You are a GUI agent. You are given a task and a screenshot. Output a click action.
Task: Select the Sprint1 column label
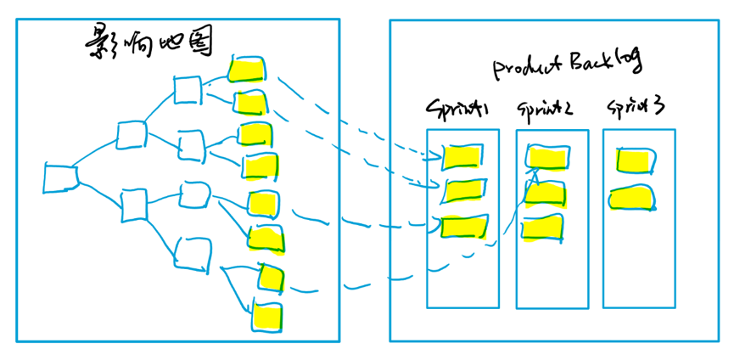click(459, 109)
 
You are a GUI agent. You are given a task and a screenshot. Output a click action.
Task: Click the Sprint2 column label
click(544, 110)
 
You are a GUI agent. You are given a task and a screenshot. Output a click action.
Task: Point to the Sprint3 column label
click(636, 108)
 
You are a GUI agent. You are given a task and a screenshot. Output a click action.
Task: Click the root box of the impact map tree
click(60, 178)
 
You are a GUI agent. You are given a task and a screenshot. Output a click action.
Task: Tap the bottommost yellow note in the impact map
click(267, 316)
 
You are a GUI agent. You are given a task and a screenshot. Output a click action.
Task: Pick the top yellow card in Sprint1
click(463, 157)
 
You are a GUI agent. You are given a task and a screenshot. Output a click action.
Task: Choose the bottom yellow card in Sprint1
click(464, 226)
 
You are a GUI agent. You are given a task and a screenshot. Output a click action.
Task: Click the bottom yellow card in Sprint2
click(543, 228)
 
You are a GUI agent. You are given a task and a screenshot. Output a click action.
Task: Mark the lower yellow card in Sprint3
click(633, 198)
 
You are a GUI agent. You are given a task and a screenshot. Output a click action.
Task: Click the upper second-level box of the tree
click(132, 134)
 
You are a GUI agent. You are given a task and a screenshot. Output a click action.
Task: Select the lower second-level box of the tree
click(135, 205)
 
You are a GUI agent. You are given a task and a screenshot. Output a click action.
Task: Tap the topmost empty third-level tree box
click(186, 89)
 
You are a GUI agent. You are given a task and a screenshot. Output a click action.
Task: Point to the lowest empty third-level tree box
click(193, 252)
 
